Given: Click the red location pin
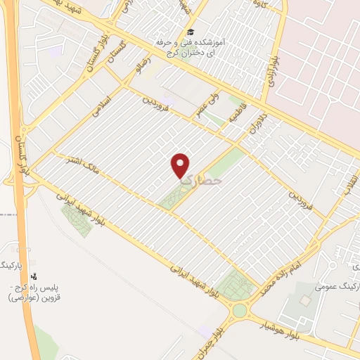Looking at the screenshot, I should click(x=181, y=165).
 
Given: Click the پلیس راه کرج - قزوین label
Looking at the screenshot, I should click(x=32, y=293).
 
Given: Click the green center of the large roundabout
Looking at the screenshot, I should click(x=240, y=310).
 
